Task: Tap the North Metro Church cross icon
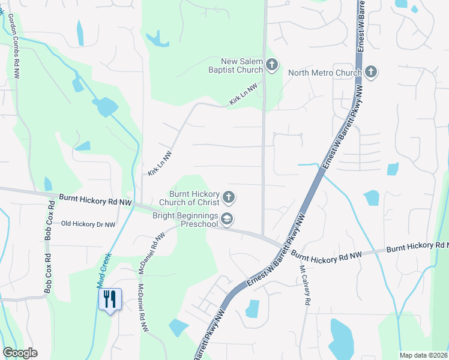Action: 370,73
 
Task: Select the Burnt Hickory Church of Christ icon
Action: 228,197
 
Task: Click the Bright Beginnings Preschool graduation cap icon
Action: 226,220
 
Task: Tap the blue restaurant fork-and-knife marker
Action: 109,299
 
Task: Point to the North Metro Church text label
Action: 325,73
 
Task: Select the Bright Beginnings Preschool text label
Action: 184,220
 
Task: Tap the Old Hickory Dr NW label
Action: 88,224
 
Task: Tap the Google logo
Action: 19,352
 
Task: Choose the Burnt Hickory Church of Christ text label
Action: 193,197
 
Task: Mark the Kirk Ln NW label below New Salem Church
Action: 243,95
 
